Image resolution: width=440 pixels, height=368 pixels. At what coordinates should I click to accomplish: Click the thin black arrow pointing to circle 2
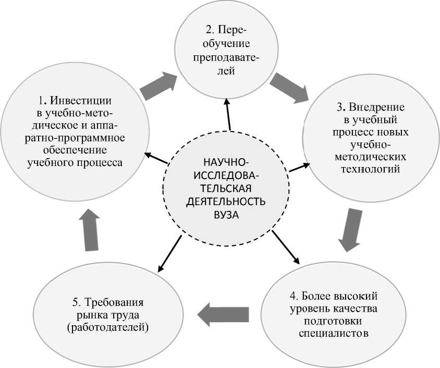pyautogui.click(x=228, y=114)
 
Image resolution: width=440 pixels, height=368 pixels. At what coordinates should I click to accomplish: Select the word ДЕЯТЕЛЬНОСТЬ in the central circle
pyautogui.click(x=227, y=201)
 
